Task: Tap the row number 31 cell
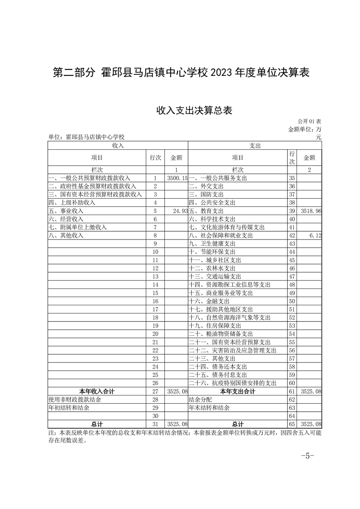point(155,424)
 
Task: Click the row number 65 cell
point(292,424)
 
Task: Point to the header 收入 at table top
point(118,146)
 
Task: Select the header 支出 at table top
point(255,146)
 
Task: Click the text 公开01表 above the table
point(310,122)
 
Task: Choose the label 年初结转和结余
point(69,407)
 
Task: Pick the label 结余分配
point(200,399)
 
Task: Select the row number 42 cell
point(292,235)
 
